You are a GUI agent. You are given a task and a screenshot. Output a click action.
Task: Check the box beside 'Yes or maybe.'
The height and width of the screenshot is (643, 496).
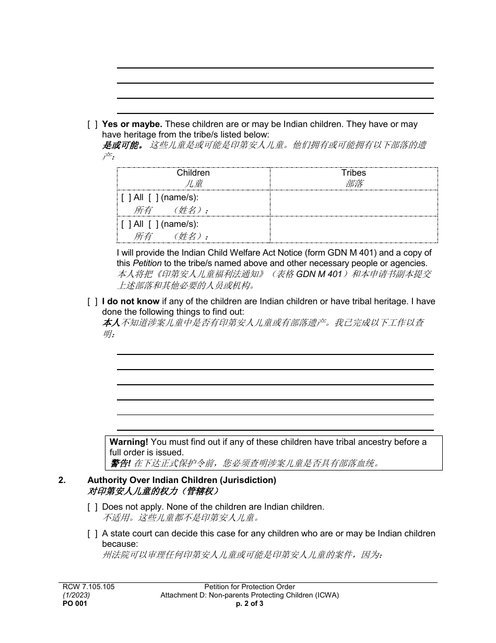(x=92, y=125)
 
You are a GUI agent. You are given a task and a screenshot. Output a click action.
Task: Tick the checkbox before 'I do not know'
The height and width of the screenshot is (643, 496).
(x=92, y=302)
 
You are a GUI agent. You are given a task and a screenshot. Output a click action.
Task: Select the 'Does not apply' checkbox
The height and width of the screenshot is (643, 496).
(x=92, y=507)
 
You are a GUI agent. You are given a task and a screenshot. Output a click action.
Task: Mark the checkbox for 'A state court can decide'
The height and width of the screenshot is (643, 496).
(x=92, y=534)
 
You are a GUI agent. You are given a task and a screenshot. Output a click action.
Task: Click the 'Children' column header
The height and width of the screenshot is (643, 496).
(x=193, y=173)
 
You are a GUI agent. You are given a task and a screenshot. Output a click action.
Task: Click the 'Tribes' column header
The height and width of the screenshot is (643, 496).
(x=353, y=173)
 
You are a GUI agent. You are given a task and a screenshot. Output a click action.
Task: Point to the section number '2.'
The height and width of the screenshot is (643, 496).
(x=62, y=480)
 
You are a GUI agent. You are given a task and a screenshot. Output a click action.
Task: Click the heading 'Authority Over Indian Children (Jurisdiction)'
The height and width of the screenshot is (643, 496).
(x=182, y=480)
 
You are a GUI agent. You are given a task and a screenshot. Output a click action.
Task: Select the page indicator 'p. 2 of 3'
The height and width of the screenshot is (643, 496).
(x=250, y=603)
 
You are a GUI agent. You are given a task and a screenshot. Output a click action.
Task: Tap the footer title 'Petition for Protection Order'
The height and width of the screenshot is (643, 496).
(x=250, y=587)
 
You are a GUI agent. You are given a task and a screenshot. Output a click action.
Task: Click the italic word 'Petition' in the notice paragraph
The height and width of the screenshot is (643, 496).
(x=147, y=263)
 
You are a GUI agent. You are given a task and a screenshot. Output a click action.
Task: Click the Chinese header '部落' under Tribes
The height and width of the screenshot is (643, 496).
(x=354, y=183)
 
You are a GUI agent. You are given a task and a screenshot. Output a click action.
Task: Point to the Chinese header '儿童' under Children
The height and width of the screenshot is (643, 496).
(x=194, y=183)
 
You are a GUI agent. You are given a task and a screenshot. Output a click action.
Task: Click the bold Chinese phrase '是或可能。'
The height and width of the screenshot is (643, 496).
(x=123, y=145)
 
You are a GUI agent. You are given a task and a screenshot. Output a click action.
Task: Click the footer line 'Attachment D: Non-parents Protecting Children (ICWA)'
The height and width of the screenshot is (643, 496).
(x=250, y=595)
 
